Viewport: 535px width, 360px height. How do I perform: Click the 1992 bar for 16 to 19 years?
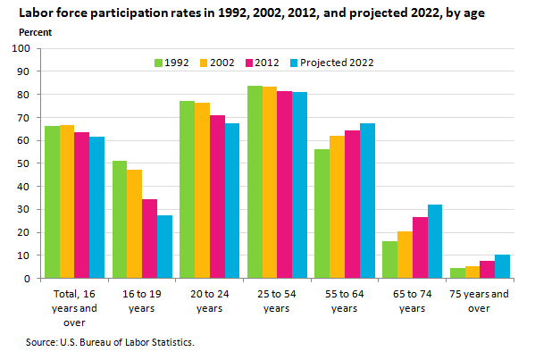(x=120, y=220)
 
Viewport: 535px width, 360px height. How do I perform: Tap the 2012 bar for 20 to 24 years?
(x=217, y=197)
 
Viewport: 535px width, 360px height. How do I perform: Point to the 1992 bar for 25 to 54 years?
(x=255, y=182)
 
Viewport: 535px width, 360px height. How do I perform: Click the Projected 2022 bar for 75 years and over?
(x=502, y=266)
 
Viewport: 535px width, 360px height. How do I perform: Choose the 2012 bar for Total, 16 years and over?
(x=82, y=205)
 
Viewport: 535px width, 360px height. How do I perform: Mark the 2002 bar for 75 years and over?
(x=472, y=272)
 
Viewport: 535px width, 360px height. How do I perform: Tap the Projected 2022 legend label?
(x=337, y=63)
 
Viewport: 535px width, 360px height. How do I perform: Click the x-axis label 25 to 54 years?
(x=277, y=300)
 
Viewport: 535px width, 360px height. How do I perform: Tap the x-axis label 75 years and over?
(x=480, y=300)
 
